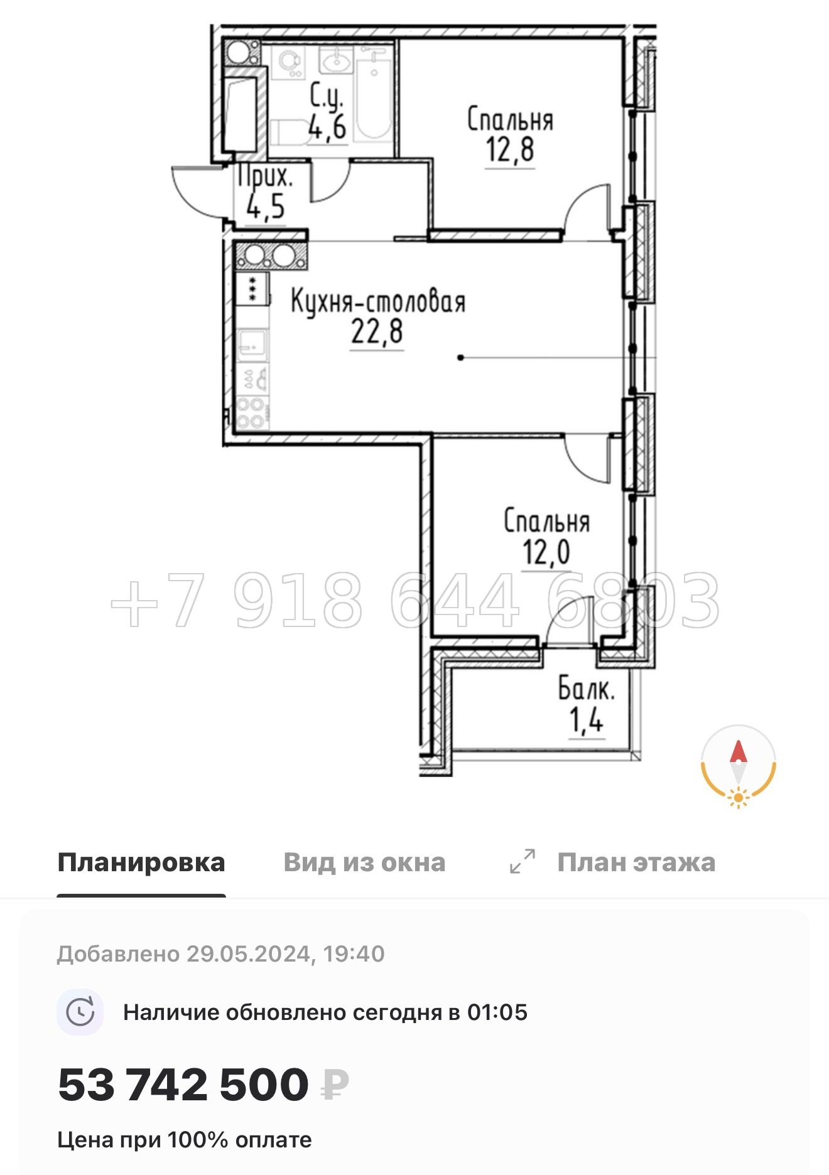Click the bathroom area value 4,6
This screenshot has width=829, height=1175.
[327, 128]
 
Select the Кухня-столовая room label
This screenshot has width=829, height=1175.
[378, 302]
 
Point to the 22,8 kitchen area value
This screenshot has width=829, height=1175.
[377, 332]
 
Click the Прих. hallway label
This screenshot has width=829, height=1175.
[265, 176]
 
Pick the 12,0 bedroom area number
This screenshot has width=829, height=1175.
[546, 552]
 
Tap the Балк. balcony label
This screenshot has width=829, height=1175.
[586, 690]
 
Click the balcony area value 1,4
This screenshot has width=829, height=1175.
[586, 720]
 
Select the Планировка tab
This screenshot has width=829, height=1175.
[141, 862]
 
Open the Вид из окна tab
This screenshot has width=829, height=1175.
[364, 862]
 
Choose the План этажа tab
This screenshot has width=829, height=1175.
[636, 862]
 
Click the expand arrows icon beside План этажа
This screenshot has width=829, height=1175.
[523, 861]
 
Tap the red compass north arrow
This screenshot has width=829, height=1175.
[738, 752]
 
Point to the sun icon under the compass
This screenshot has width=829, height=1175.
[738, 798]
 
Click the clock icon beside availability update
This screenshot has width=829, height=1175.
[80, 1012]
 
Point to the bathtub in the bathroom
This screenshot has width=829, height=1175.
[374, 100]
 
